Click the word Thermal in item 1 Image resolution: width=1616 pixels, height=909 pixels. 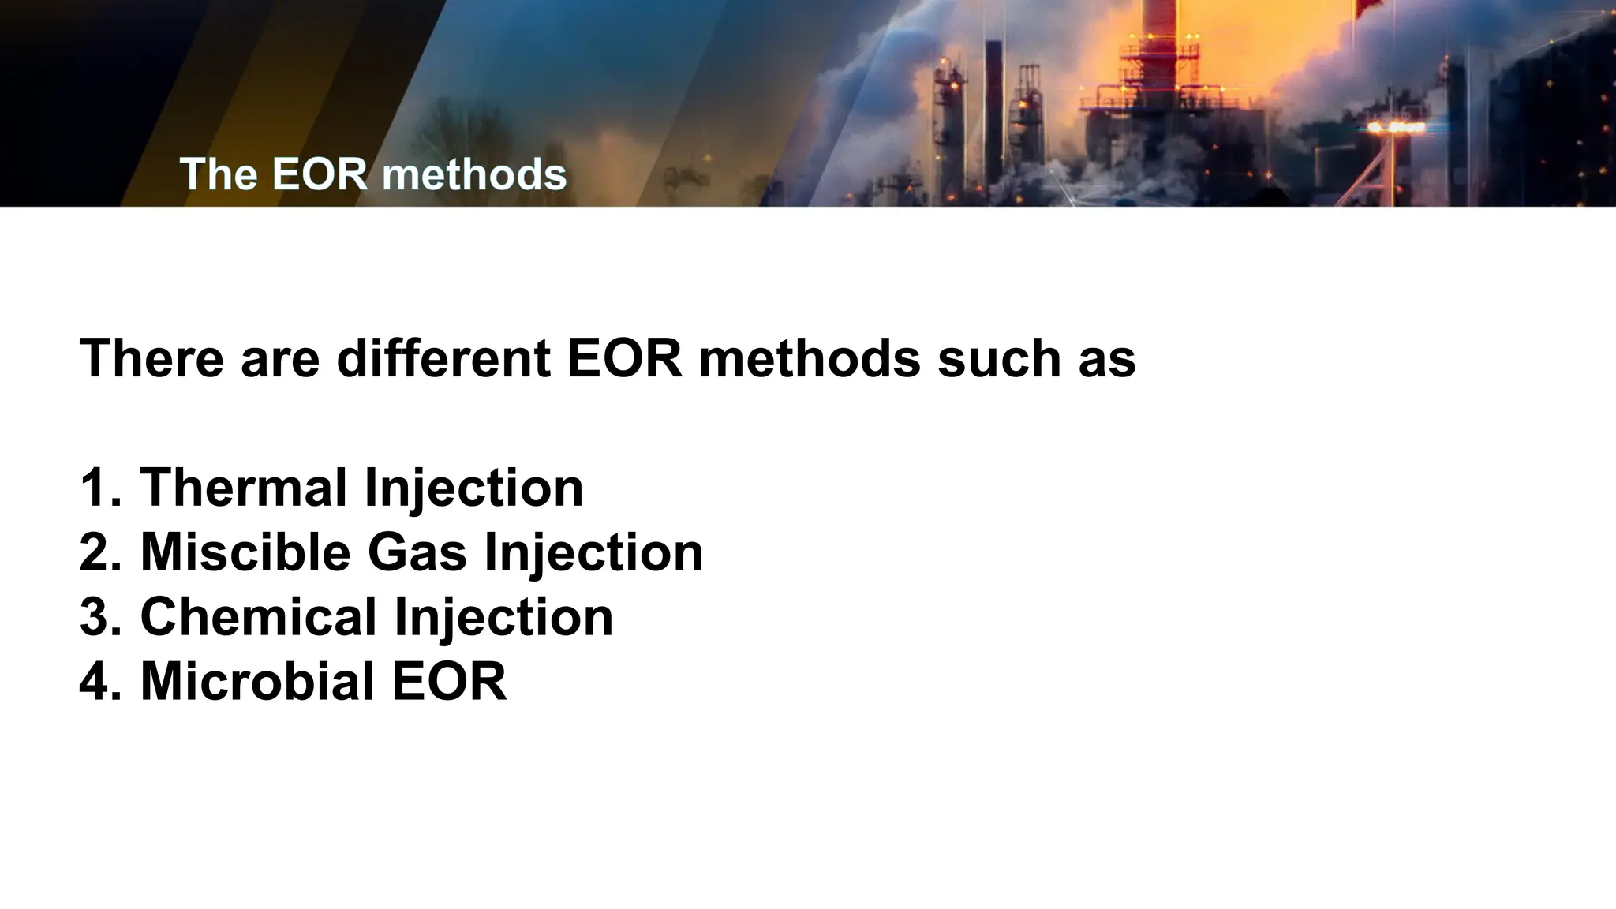[244, 488]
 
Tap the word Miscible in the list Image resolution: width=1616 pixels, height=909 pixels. [245, 552]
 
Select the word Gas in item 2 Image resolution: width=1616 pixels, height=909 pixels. [417, 552]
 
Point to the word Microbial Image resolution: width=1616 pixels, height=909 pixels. [256, 682]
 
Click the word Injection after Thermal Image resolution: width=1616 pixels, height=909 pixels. [473, 488]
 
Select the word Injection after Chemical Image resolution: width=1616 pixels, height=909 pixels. [503, 617]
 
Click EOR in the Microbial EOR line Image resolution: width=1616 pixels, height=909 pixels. [449, 682]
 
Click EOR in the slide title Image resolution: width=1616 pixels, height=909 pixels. [320, 174]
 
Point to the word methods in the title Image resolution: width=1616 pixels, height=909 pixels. [474, 174]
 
